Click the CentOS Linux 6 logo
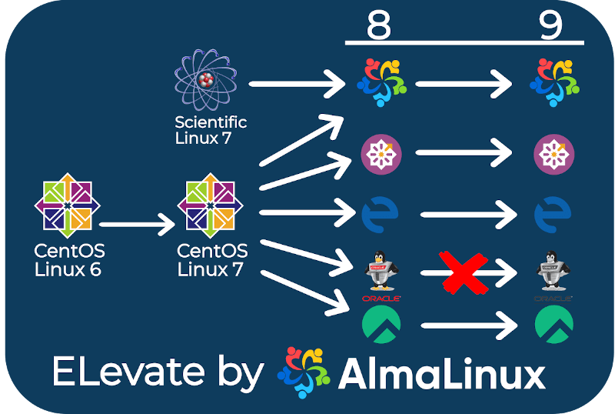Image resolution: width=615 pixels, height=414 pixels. pos(68,205)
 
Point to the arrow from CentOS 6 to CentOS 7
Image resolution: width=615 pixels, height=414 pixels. pos(138,225)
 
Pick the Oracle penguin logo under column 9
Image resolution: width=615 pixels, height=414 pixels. pos(553,272)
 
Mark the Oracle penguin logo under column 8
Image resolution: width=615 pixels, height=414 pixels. pos(381,272)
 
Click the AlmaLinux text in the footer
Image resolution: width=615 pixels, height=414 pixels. pos(442,374)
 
